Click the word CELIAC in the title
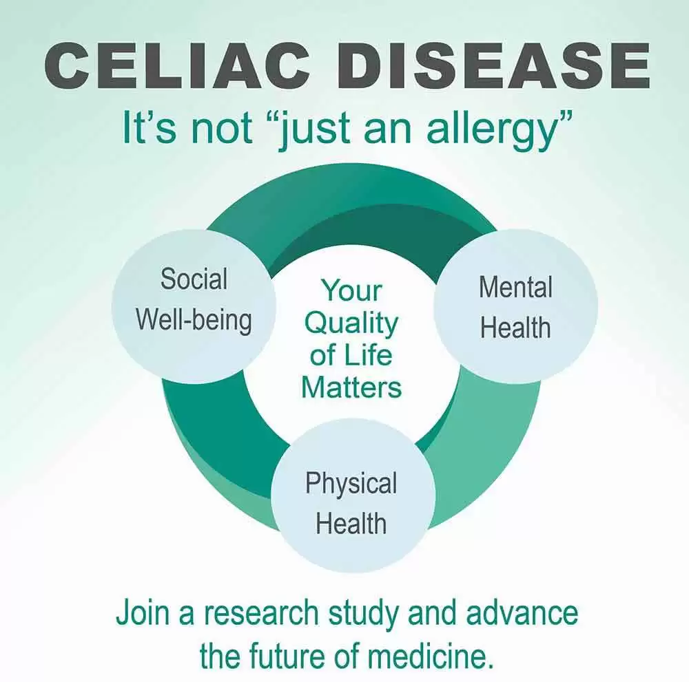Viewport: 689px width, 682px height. (x=174, y=67)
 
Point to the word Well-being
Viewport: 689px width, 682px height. (x=194, y=321)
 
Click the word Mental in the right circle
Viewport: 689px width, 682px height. (x=515, y=287)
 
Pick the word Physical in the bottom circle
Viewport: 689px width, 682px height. (x=351, y=484)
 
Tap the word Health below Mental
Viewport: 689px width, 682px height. (x=515, y=328)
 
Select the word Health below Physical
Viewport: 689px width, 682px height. (x=351, y=523)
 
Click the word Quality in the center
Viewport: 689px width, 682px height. (x=351, y=324)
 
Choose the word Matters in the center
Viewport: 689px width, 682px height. (x=351, y=387)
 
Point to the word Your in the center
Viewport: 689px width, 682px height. (x=351, y=290)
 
